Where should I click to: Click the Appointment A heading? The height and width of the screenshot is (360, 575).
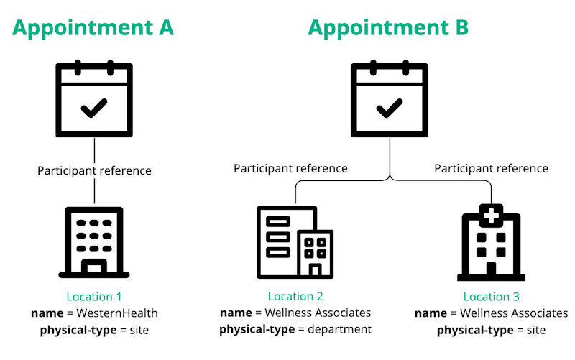[x=93, y=27]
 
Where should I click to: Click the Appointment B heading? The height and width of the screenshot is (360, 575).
[x=388, y=27]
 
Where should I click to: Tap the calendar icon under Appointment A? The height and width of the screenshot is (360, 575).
[x=94, y=99]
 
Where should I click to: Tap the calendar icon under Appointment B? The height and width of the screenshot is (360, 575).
[x=390, y=99]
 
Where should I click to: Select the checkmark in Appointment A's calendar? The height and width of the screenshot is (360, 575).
[x=94, y=109]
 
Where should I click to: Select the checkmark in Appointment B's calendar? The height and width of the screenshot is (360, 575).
[x=390, y=109]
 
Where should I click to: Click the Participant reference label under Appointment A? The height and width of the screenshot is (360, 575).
[x=94, y=171]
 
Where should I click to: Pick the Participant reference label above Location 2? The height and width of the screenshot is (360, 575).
[x=290, y=169]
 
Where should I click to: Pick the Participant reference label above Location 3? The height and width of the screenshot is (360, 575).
[x=491, y=169]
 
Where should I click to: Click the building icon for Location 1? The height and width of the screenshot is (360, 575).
[x=94, y=242]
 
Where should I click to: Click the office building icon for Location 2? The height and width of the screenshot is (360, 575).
[x=295, y=242]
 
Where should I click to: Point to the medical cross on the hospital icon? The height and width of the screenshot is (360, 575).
[x=491, y=213]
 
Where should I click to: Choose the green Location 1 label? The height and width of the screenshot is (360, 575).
[x=94, y=297]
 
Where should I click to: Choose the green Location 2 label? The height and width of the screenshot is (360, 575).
[x=295, y=296]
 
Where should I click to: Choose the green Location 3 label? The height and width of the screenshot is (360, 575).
[x=491, y=297]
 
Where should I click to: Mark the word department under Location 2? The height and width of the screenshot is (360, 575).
[x=339, y=330]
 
